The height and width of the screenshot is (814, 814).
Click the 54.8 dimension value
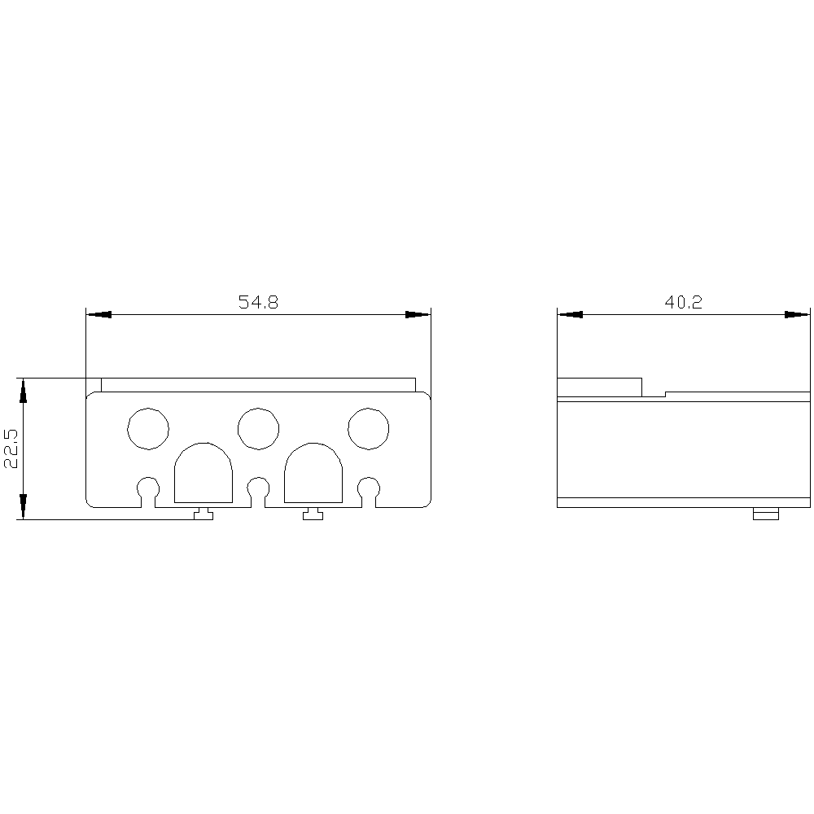[258, 302]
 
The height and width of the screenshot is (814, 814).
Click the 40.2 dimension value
[683, 302]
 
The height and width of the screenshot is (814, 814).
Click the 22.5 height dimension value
[11, 449]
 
